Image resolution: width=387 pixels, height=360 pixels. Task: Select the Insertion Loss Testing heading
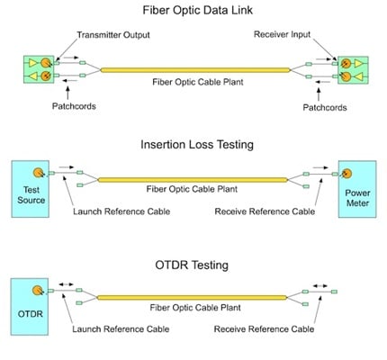pyautogui.click(x=195, y=144)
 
